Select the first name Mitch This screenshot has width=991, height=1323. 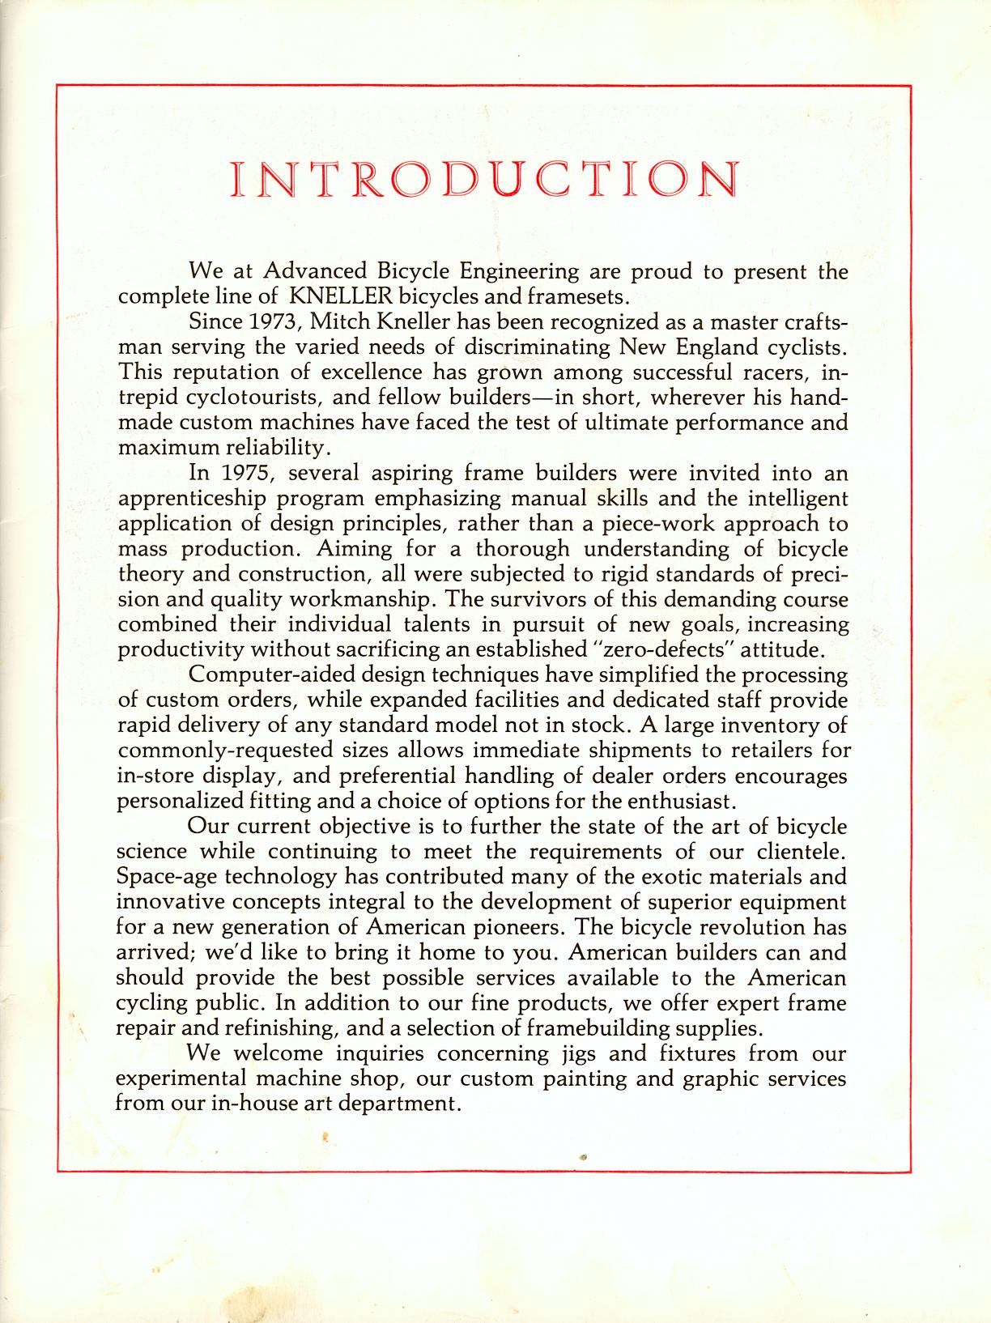point(339,321)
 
